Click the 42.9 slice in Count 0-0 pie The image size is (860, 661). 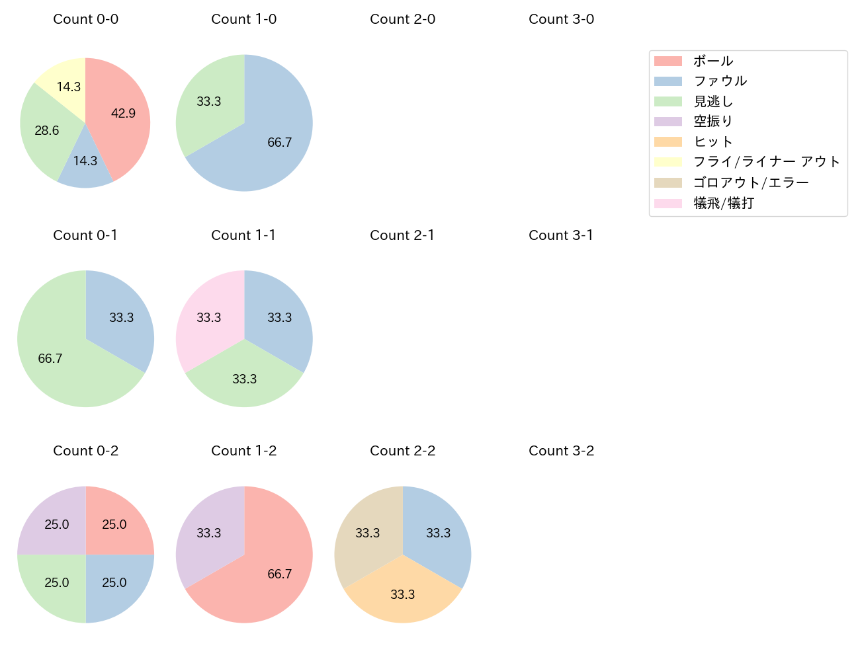122,114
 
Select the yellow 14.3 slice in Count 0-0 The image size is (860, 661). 68,87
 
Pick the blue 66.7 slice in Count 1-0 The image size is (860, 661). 279,142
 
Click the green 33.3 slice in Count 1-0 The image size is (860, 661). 209,101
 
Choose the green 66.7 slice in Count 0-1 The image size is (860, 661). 50,358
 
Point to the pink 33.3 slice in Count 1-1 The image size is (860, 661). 209,317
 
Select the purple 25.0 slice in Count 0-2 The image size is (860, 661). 57,524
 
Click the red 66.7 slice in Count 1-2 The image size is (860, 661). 279,574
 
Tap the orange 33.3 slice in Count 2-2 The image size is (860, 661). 402,594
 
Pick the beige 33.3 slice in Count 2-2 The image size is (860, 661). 368,533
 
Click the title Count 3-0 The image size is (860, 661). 561,19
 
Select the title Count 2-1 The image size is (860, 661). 402,235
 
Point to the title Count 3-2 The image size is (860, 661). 561,451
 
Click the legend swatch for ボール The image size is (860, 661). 668,61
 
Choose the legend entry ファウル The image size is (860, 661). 720,81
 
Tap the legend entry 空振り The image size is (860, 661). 713,121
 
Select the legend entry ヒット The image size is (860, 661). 713,141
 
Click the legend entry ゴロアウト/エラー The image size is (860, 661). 751,182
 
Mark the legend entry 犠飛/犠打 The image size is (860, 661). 724,203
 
